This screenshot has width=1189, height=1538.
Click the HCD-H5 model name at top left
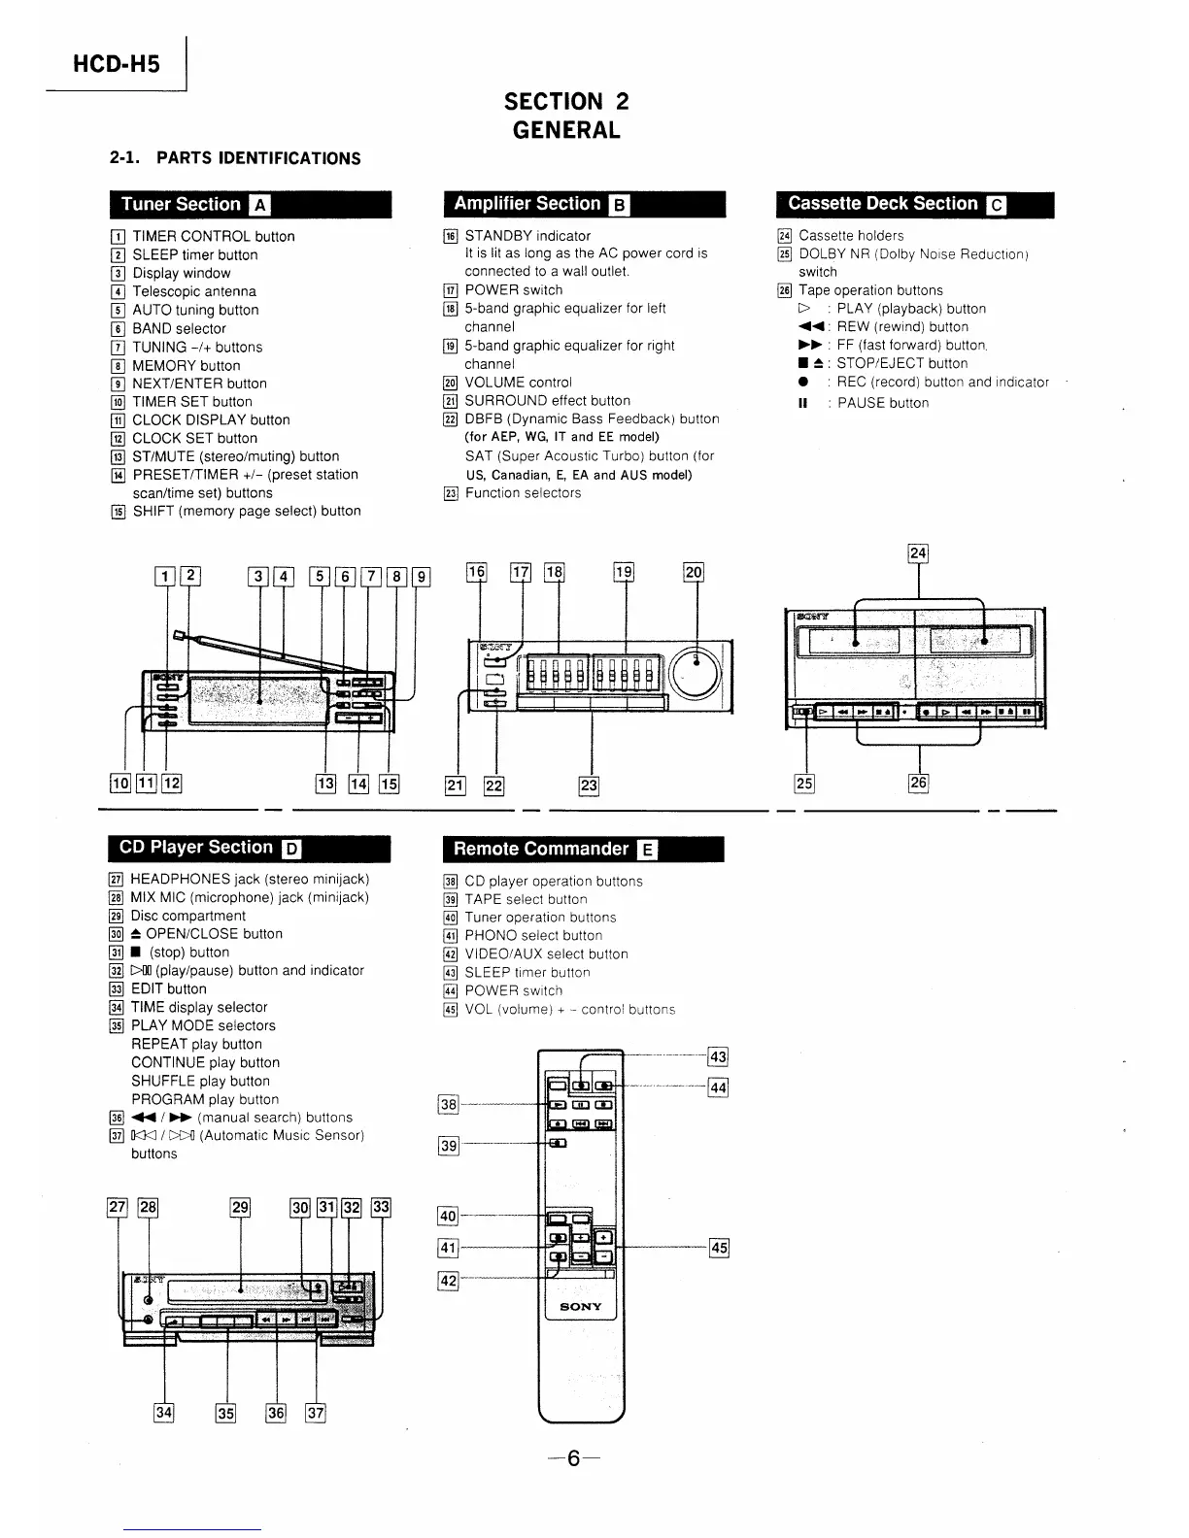point(116,64)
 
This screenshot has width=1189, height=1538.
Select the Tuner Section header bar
point(250,204)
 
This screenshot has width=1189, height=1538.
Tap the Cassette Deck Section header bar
point(914,204)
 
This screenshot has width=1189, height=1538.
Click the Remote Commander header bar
point(583,849)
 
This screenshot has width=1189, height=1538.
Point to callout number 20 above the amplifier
point(694,573)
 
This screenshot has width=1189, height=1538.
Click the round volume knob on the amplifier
point(696,671)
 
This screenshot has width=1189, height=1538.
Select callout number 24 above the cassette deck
point(918,553)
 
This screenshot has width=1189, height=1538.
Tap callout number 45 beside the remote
point(719,1248)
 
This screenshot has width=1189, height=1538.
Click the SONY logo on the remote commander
point(581,1307)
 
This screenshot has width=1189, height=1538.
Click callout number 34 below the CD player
point(163,1412)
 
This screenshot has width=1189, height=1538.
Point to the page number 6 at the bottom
point(573,1458)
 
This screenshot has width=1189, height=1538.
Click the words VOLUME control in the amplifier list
point(518,383)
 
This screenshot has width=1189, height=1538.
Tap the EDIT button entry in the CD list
point(168,988)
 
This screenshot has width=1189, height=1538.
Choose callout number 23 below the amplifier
point(589,786)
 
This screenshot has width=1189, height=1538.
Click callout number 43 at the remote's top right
point(719,1057)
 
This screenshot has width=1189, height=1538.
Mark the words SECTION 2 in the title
point(566,101)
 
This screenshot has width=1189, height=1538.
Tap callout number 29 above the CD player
point(240,1208)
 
